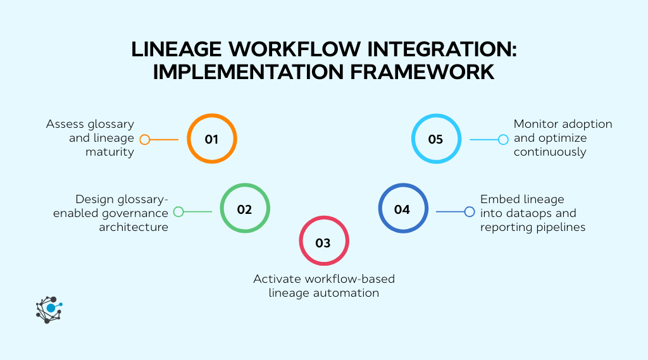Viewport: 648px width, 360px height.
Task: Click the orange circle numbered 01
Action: (x=211, y=139)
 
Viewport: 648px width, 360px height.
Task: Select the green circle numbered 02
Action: (x=245, y=209)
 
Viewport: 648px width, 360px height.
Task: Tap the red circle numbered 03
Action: (x=323, y=242)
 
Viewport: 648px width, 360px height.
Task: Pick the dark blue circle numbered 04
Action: (x=402, y=209)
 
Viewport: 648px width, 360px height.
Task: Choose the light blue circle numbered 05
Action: (x=436, y=139)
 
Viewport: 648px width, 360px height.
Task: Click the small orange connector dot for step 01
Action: (x=145, y=140)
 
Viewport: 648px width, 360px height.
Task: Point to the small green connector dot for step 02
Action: (x=178, y=212)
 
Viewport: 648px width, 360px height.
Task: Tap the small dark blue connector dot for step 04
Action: (x=470, y=212)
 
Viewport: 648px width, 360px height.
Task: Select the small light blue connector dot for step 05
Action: (x=503, y=140)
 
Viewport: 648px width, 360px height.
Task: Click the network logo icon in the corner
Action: (x=49, y=309)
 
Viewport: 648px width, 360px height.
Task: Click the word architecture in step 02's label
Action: (x=134, y=227)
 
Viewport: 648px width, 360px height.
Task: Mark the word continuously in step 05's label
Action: (x=550, y=152)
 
